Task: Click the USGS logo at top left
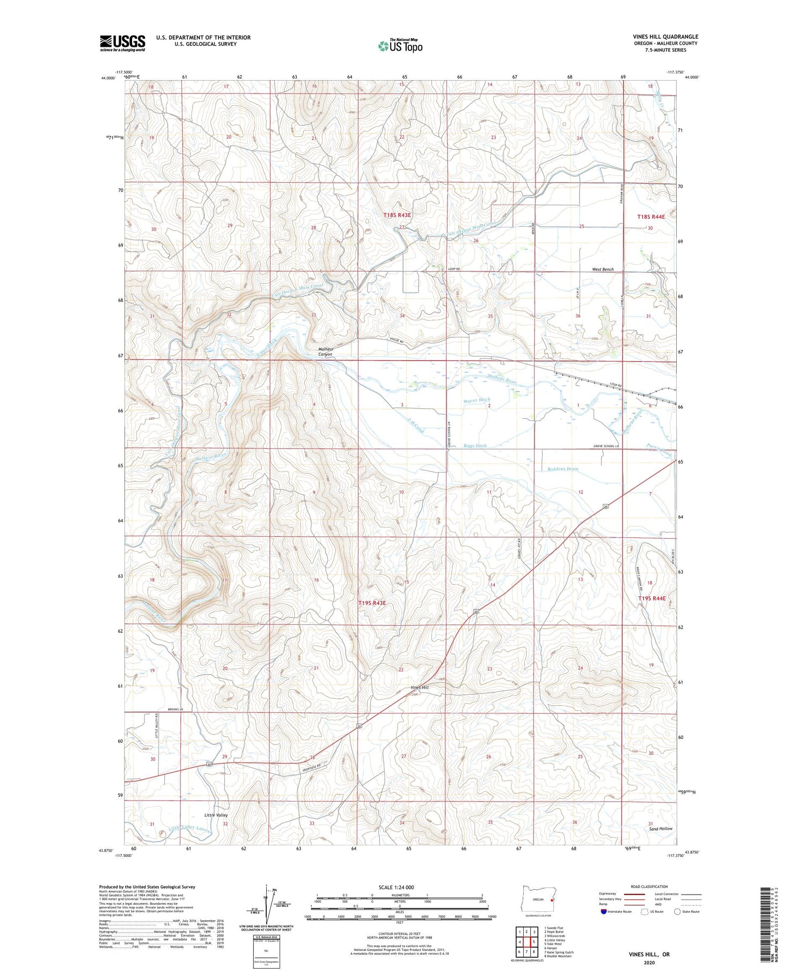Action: pyautogui.click(x=122, y=43)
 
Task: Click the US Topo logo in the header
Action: pyautogui.click(x=400, y=46)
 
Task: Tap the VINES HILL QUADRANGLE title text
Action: pyautogui.click(x=665, y=37)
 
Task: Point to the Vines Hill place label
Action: pyautogui.click(x=420, y=688)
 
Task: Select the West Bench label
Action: pyautogui.click(x=603, y=269)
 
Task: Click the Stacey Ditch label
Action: pyautogui.click(x=477, y=400)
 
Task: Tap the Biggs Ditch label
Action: pyautogui.click(x=475, y=446)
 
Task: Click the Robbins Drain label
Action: pyautogui.click(x=563, y=469)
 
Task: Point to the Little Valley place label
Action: pyautogui.click(x=216, y=815)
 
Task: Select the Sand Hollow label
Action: pyautogui.click(x=661, y=828)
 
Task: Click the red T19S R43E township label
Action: pyautogui.click(x=372, y=603)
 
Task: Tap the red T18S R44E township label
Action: pyautogui.click(x=651, y=217)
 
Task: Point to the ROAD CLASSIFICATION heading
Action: pyautogui.click(x=649, y=886)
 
